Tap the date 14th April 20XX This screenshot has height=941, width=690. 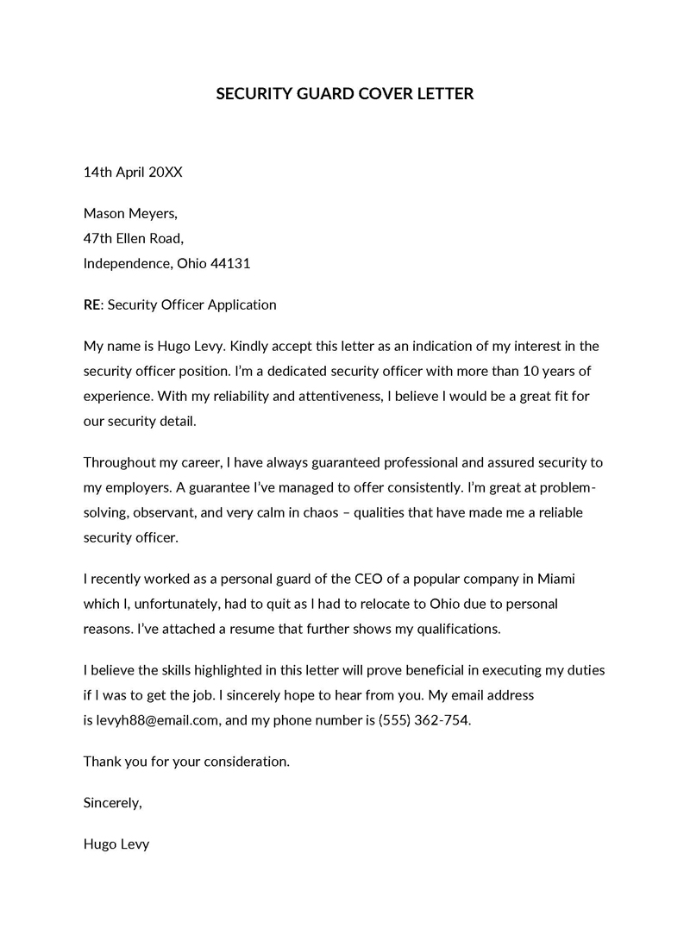pyautogui.click(x=133, y=172)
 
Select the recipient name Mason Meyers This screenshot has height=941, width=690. pyautogui.click(x=129, y=214)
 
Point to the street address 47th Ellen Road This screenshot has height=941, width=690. pyautogui.click(x=133, y=238)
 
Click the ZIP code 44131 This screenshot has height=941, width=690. pyautogui.click(x=230, y=263)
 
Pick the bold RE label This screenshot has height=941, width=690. pyautogui.click(x=92, y=304)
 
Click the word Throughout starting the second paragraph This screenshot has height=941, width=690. pyautogui.click(x=120, y=463)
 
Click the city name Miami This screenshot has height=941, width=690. pyautogui.click(x=544, y=578)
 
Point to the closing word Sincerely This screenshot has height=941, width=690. pyautogui.click(x=111, y=803)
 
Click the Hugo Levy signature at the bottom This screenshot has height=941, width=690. pyautogui.click(x=116, y=844)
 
